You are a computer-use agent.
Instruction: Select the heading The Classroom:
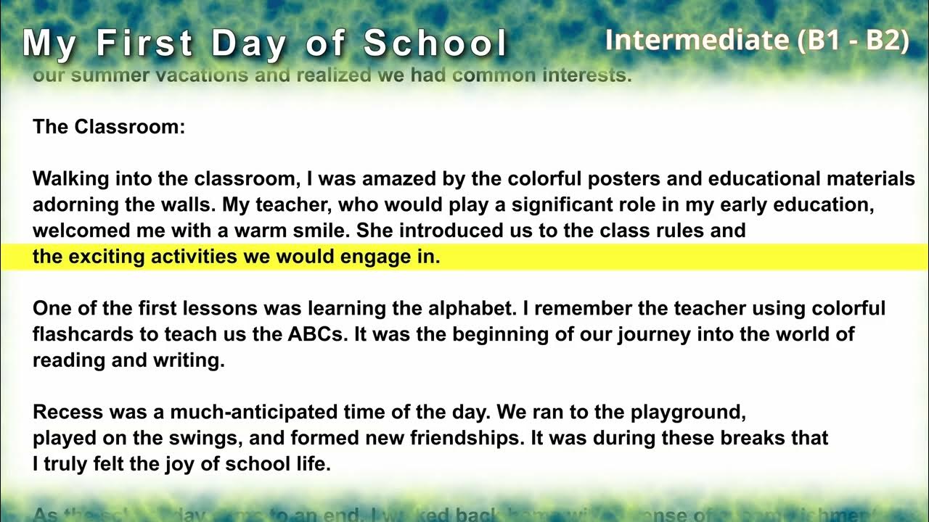coord(109,128)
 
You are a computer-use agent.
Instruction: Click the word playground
coord(689,413)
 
